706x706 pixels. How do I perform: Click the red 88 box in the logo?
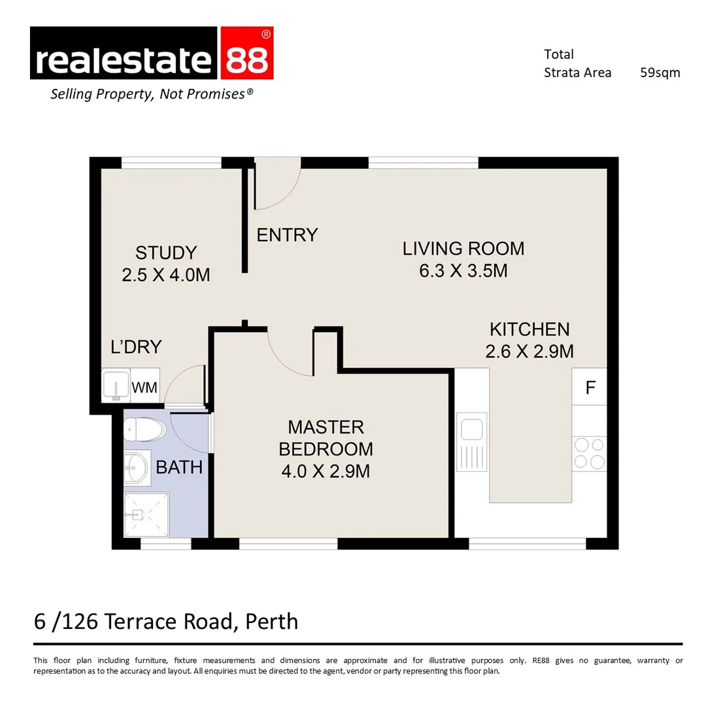[x=246, y=54]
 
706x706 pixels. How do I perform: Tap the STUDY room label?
[x=166, y=252]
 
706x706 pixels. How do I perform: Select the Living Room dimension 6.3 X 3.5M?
[x=463, y=270]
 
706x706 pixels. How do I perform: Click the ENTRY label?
[x=287, y=235]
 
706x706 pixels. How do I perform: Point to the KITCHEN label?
[x=529, y=329]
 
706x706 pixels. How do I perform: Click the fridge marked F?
[x=590, y=387]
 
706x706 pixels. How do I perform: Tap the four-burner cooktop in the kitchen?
[x=589, y=453]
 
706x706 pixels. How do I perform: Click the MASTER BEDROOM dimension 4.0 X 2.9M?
[x=326, y=471]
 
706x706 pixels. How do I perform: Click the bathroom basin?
[x=137, y=467]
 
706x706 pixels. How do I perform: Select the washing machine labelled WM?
[x=144, y=388]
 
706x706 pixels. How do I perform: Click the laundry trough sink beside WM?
[x=116, y=386]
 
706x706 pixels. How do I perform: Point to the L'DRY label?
[x=136, y=347]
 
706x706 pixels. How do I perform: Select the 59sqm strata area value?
[x=660, y=73]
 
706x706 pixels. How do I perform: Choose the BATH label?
[x=178, y=467]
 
